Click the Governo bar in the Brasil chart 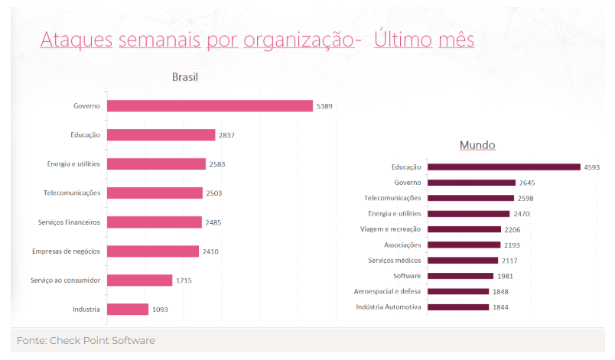pos(210,106)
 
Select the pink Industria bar pos(128,310)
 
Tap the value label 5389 pos(325,106)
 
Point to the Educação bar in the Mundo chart pos(503,167)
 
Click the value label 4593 pos(594,167)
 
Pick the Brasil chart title pos(185,77)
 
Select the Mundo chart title pos(477,145)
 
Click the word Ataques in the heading pos(76,40)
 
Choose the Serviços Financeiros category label pos(70,222)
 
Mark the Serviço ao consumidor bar pos(139,281)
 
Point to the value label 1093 pos(160,310)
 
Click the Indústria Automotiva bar pos(458,307)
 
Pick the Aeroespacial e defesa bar pos(458,291)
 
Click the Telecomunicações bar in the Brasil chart pos(155,193)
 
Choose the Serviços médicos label pos(390,261)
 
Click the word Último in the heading pos(403,40)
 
